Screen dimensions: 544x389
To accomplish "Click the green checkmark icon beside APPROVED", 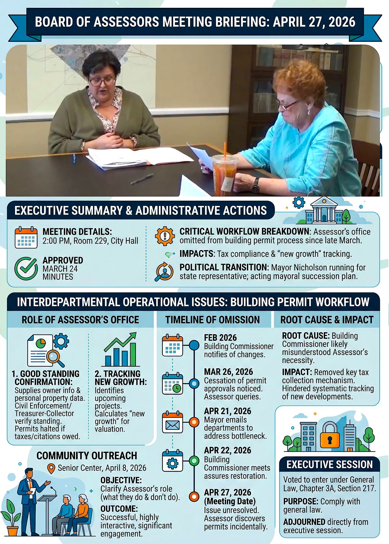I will point(26,268).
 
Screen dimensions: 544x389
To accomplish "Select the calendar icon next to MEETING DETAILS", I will point(26,237).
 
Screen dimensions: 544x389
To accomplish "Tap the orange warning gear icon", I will point(165,236).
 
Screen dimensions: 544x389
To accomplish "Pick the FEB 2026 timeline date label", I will point(220,338).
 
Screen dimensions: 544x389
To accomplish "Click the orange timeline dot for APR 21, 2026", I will point(194,422).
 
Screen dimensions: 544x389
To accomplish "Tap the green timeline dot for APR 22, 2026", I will point(194,461).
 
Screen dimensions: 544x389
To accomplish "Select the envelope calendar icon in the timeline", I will point(172,422).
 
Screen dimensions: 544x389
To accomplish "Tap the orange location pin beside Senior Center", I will point(51,469).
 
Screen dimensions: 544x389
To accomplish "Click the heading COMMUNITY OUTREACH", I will point(87,456).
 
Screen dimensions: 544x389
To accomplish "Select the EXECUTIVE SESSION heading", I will point(329,464).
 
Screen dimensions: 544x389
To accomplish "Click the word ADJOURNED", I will point(304,522).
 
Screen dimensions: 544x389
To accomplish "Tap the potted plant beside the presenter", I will point(12,518).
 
